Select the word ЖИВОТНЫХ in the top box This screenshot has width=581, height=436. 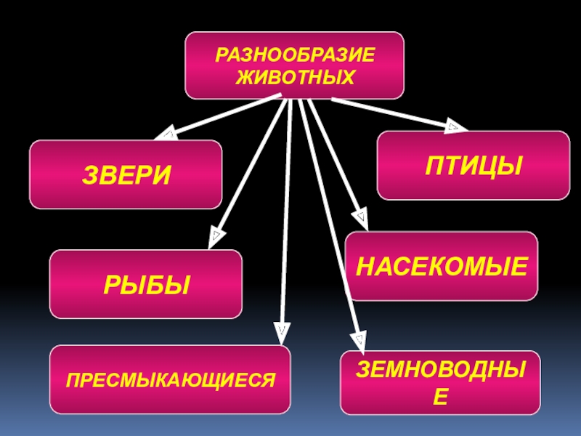tap(294, 76)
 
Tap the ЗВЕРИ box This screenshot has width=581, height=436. tap(126, 175)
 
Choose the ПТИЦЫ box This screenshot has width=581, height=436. tap(474, 166)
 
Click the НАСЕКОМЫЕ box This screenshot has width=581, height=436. tap(442, 267)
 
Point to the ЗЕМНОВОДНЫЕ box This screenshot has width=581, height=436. tap(441, 382)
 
